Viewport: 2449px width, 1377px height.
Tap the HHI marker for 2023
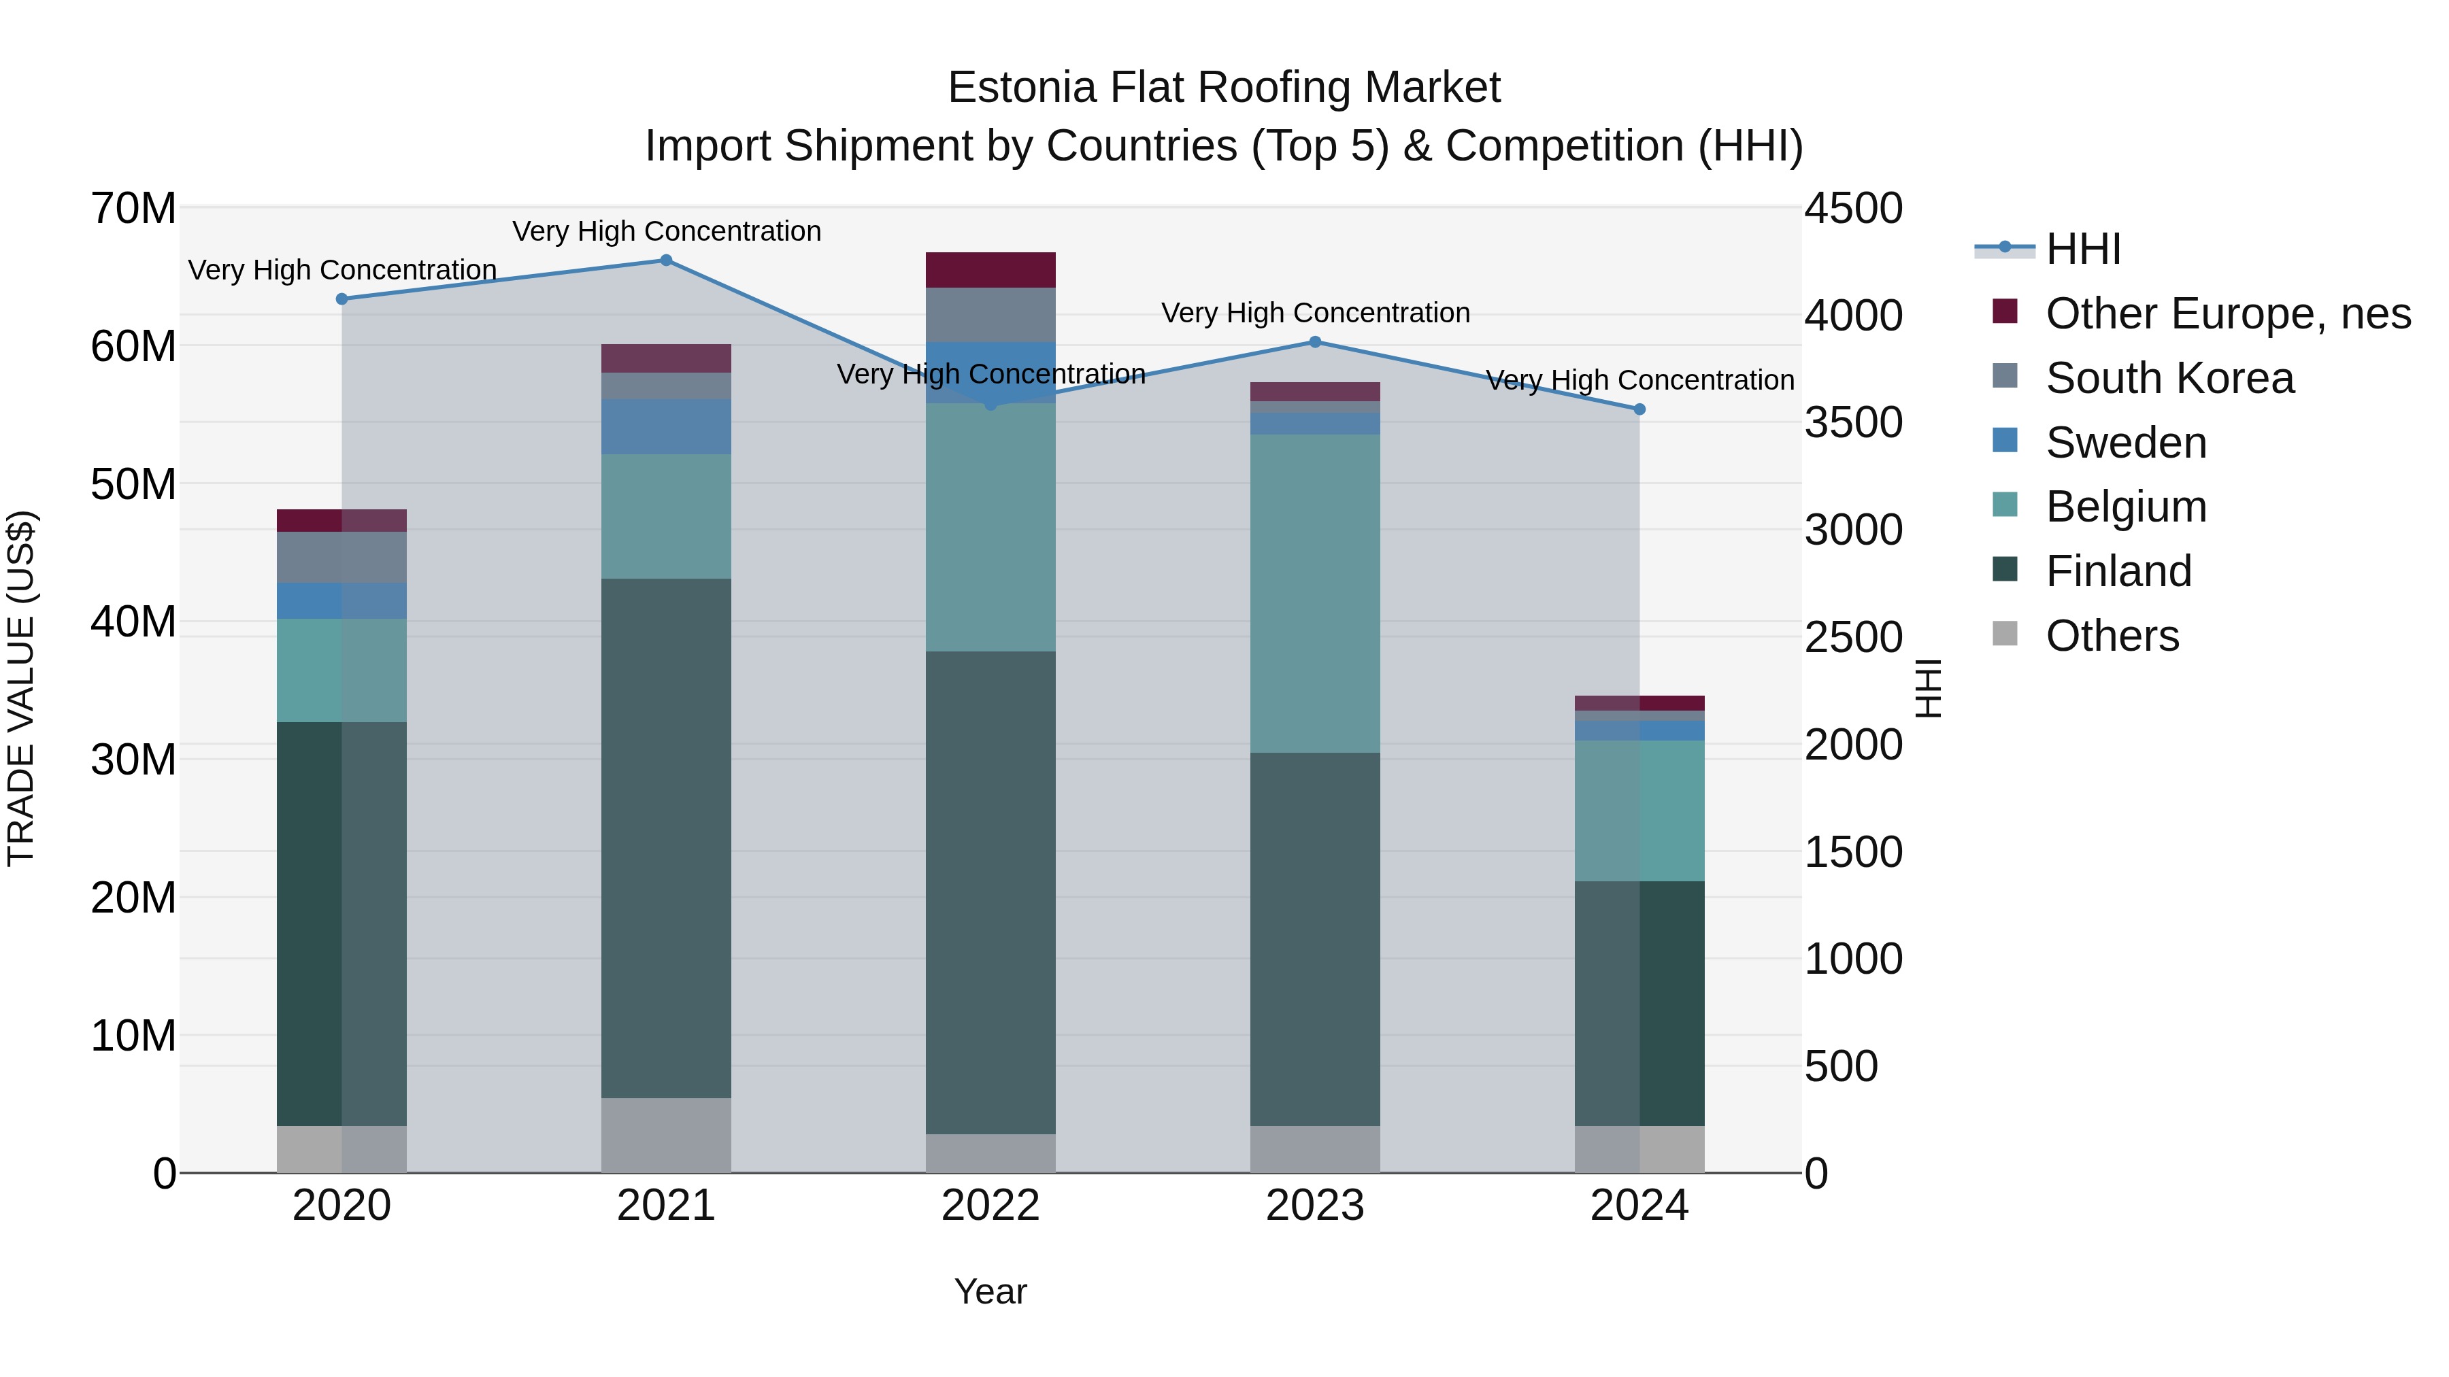pos(1315,342)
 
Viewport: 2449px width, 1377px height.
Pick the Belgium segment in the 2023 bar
pos(1315,594)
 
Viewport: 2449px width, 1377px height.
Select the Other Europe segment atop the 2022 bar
pos(990,270)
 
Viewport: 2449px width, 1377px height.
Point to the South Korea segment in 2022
pos(990,315)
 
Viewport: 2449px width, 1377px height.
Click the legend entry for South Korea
pos(2169,378)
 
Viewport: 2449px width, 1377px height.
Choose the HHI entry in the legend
pos(2082,249)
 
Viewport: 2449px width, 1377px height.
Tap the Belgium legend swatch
pos(2005,505)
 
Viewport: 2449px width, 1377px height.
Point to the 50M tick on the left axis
pos(133,485)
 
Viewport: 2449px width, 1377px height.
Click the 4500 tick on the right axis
pos(1853,209)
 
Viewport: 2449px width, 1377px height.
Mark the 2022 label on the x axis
pos(990,1206)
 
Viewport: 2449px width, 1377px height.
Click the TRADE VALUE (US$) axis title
pos(21,688)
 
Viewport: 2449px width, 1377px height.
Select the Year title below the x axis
pos(990,1291)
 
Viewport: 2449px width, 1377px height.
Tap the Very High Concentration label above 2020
pos(342,270)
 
